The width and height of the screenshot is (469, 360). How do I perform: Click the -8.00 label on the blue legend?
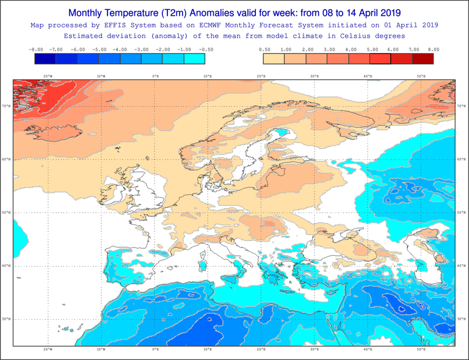pos(35,49)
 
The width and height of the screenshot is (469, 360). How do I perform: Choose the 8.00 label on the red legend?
pos(434,49)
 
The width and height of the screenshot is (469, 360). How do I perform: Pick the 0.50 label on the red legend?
pos(264,49)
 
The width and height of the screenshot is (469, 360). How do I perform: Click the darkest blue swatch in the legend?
pos(45,59)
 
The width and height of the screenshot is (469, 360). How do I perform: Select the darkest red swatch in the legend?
pos(423,59)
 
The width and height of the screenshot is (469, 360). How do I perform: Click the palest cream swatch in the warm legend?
pos(274,59)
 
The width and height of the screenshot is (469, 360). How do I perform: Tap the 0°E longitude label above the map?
pos(155,76)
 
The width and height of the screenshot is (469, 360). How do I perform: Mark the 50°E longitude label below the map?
pos(421,350)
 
